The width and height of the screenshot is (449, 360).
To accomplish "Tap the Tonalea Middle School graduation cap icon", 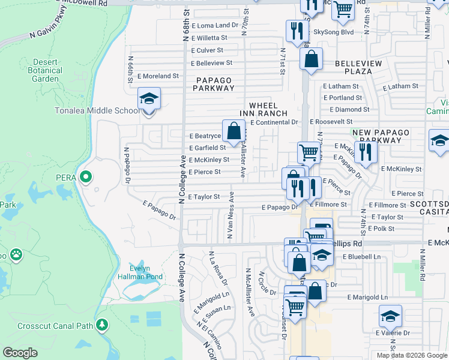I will (x=149, y=98).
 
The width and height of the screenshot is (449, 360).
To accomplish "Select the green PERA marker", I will (x=85, y=176).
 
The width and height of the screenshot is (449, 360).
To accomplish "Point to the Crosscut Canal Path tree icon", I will (x=102, y=325).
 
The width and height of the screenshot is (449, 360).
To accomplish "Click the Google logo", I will (x=20, y=353).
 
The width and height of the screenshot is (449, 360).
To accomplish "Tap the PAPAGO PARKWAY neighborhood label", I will (x=214, y=83).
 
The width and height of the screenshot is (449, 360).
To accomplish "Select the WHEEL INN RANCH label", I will (x=264, y=109).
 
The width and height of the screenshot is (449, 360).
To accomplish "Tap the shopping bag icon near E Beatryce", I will (x=234, y=130).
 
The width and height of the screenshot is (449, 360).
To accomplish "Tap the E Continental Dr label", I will (x=274, y=122).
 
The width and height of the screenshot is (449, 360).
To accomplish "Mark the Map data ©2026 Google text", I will (x=411, y=355).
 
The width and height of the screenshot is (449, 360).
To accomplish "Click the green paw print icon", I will (x=16, y=254).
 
